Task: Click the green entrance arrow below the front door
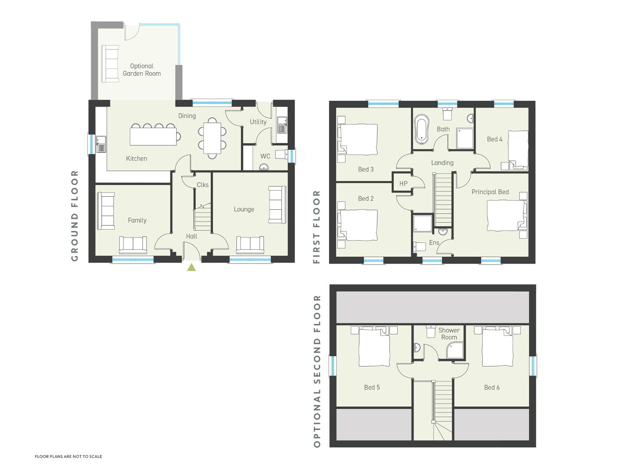point(191,267)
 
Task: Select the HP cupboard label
point(403,184)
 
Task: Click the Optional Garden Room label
point(142,70)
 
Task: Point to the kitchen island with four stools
point(153,135)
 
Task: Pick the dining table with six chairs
point(212,138)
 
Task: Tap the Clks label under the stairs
point(203,185)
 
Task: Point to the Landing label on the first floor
point(442,163)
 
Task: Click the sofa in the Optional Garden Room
point(110,64)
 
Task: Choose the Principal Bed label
point(490,192)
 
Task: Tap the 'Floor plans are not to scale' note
point(68,456)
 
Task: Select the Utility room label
point(258,122)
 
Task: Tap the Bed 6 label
point(492,387)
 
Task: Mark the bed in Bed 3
point(357,139)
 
